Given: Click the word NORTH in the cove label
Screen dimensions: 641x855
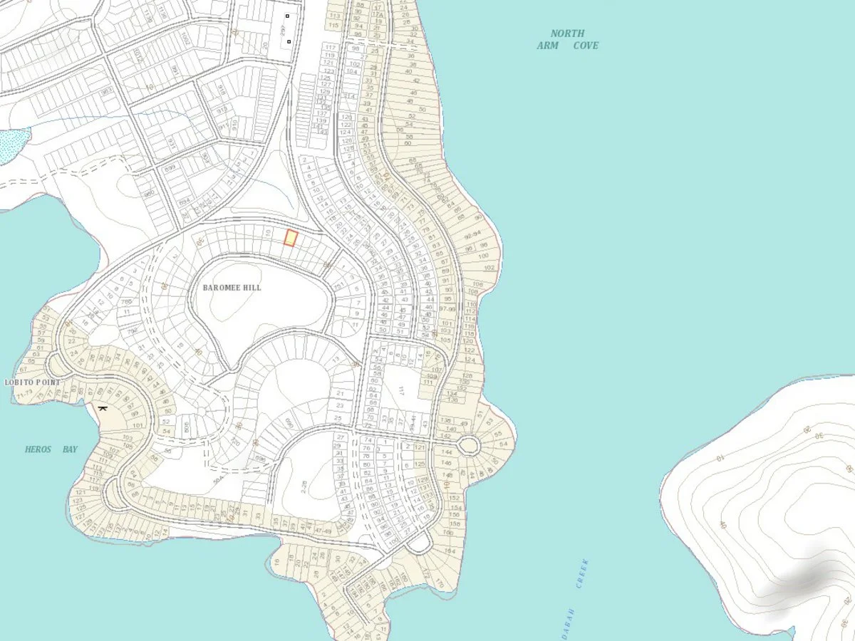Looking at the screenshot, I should (567, 33).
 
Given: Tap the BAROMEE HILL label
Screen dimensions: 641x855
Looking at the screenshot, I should (232, 288).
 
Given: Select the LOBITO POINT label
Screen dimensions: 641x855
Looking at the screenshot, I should (33, 382).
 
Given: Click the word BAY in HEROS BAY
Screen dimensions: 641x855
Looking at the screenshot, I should (70, 449).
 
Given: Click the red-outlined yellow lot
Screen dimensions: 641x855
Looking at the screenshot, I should (290, 238).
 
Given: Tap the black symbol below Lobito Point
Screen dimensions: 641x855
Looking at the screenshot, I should (103, 408).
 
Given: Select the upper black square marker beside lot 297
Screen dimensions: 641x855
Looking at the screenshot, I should (288, 16).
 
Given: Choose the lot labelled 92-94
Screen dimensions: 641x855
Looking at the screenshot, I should (472, 234).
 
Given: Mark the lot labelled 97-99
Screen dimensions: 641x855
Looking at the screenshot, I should (447, 308).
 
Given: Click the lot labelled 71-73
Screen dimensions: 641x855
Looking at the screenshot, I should (25, 393).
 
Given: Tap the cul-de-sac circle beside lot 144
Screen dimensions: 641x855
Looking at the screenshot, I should (468, 447).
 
